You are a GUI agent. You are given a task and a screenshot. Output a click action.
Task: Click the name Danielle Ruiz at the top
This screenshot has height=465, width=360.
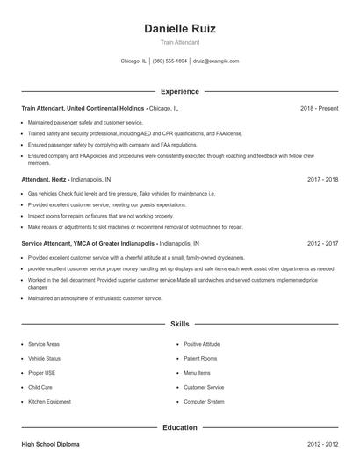pos(180,28)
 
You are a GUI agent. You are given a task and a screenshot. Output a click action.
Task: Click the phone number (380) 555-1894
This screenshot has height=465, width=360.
pos(170,61)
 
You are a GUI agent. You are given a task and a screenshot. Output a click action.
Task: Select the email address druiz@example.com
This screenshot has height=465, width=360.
pos(216,61)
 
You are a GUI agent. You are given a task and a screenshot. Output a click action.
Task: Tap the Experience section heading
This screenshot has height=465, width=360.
pos(180,91)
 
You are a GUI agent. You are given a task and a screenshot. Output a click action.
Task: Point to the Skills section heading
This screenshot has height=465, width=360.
pos(180,324)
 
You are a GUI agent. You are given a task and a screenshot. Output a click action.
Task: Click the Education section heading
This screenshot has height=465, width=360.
pos(180,427)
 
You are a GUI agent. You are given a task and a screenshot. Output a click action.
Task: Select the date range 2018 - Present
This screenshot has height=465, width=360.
pos(319,108)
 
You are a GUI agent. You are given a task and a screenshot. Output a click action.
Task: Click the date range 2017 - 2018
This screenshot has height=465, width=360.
pos(323,178)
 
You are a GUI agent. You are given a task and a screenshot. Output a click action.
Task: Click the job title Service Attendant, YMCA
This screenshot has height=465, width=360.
pos(89,243)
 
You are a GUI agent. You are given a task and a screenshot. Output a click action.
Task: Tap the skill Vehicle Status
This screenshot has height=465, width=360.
pos(45,358)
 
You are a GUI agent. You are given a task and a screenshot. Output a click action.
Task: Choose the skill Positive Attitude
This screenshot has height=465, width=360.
pos(202,344)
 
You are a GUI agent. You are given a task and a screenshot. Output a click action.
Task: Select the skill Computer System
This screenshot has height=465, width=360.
pos(204,401)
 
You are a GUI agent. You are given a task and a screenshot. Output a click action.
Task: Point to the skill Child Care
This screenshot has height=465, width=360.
pos(40,387)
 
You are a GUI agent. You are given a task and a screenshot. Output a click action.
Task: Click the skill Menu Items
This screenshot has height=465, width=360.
pos(198,373)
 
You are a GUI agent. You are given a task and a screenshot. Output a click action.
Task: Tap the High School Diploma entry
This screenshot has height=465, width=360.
pos(50,445)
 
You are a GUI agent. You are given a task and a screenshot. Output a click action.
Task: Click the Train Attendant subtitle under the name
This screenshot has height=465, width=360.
pos(180,42)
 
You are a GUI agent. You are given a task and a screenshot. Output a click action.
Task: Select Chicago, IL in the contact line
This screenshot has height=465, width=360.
pos(133,61)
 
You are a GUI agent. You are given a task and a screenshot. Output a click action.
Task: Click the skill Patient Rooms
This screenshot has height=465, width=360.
pos(200,358)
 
